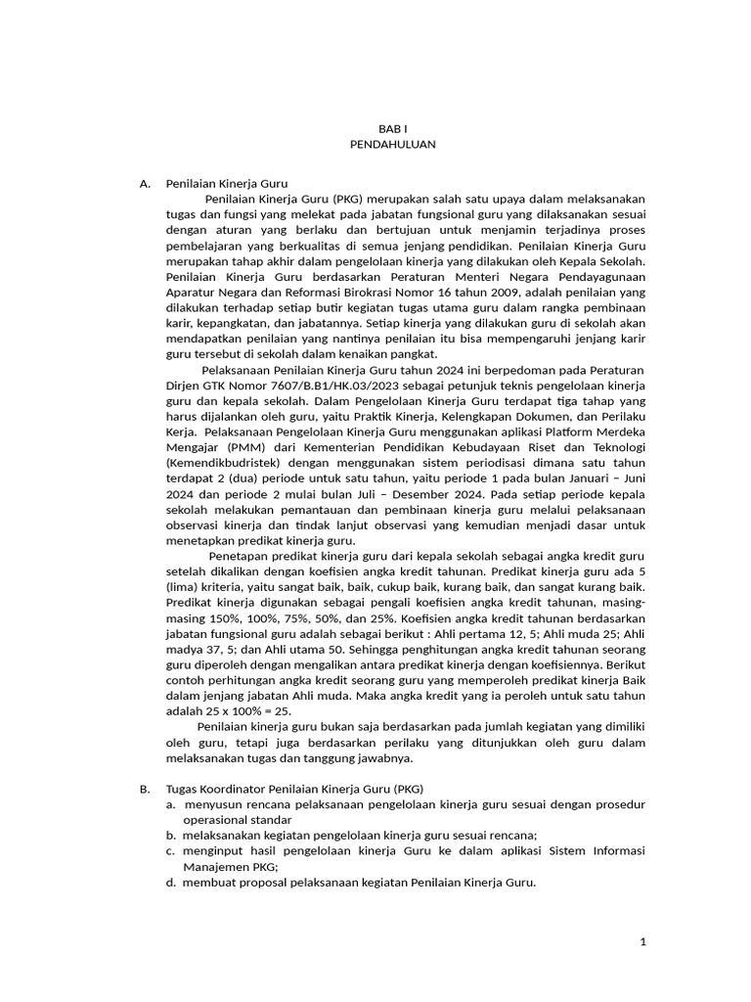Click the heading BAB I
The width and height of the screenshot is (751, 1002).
pos(392,129)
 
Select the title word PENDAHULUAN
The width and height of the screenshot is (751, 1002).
pos(392,144)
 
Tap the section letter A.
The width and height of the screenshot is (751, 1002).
pos(145,183)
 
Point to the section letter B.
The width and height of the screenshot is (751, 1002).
pos(145,789)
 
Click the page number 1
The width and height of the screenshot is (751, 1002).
pos(642,941)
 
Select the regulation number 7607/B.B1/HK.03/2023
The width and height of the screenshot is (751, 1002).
pos(299,387)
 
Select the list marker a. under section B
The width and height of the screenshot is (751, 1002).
pos(170,804)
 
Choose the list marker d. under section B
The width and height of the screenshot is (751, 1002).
pos(170,883)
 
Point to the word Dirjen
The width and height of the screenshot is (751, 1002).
pos(184,387)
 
